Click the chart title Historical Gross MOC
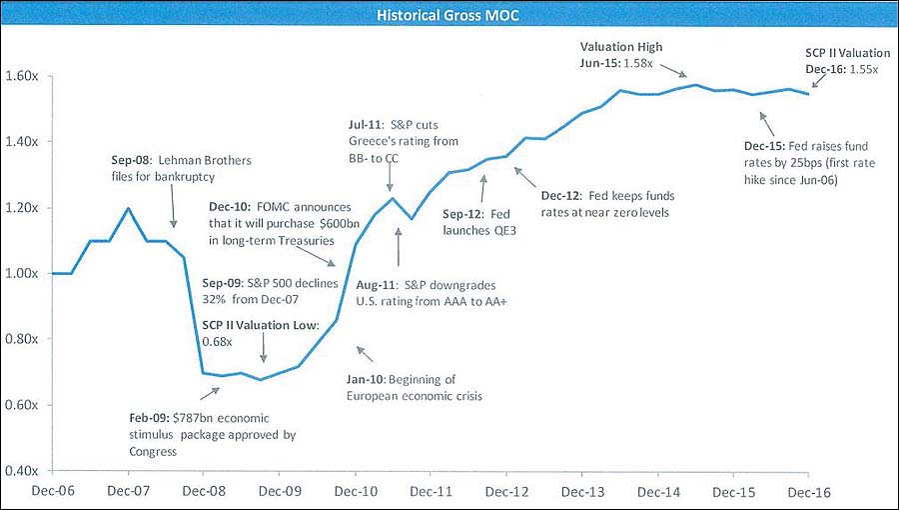pos(448,14)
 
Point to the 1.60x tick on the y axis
pos(22,76)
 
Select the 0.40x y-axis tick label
pos(22,471)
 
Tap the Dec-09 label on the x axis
pos(280,492)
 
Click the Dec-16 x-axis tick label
pos(809,492)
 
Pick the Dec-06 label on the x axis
pos(52,492)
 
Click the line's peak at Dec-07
pos(128,208)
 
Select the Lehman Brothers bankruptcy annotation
pos(181,168)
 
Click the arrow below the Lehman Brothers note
pos(173,207)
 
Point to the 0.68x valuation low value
pos(218,342)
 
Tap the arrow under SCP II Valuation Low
pos(263,348)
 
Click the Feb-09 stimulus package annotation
pos(212,435)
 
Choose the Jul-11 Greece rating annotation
pos(404,141)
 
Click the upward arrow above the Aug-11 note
pos(399,247)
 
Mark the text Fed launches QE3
pos(479,223)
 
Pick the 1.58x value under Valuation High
pos(637,63)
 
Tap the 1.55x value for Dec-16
pos(863,69)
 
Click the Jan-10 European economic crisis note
pos(414,388)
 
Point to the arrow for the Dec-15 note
pos(766,123)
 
